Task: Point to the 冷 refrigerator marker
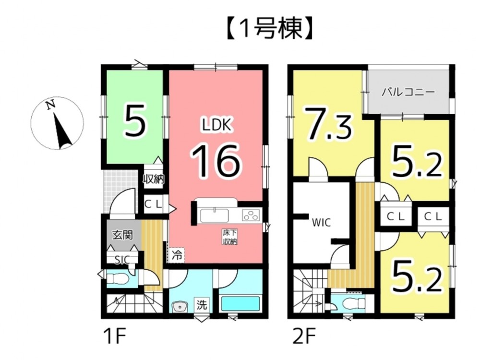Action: [177, 254]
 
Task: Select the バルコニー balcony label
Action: [408, 92]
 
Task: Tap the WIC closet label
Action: [320, 222]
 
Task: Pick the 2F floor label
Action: [301, 334]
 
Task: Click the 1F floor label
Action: [114, 334]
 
